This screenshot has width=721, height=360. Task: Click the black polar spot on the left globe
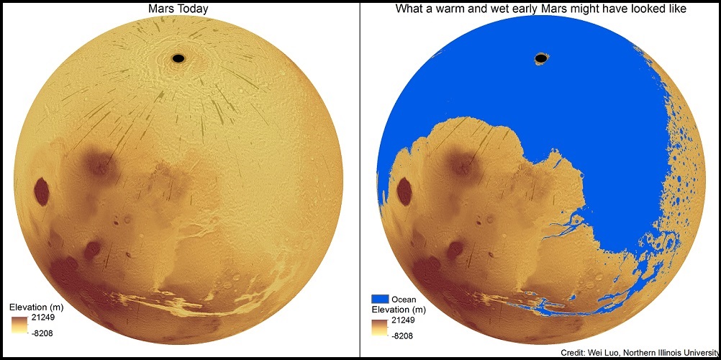tap(178, 58)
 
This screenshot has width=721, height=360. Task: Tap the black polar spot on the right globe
tap(540, 58)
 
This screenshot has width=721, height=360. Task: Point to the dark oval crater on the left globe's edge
tap(42, 192)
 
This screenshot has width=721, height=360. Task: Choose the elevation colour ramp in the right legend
tap(381, 328)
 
